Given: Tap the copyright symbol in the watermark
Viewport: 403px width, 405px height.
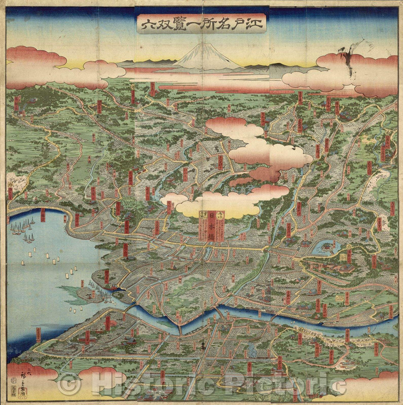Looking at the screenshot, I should (x=68, y=383).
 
